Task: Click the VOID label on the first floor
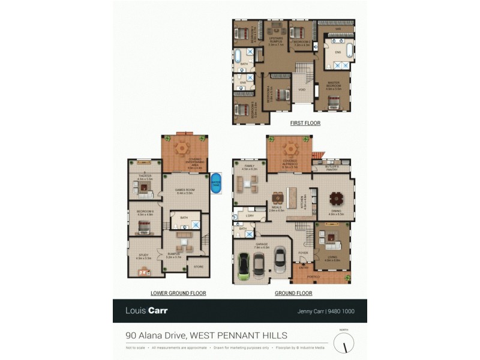(302, 90)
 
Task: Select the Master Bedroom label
(336, 85)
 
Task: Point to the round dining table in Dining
(336, 197)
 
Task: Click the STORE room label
(198, 266)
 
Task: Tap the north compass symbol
(344, 343)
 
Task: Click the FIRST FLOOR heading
(305, 123)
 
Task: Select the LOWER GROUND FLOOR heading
(178, 293)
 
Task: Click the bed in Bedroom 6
(144, 226)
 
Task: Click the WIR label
(338, 29)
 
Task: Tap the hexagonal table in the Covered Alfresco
(290, 148)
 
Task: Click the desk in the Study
(145, 271)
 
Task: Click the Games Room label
(183, 191)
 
